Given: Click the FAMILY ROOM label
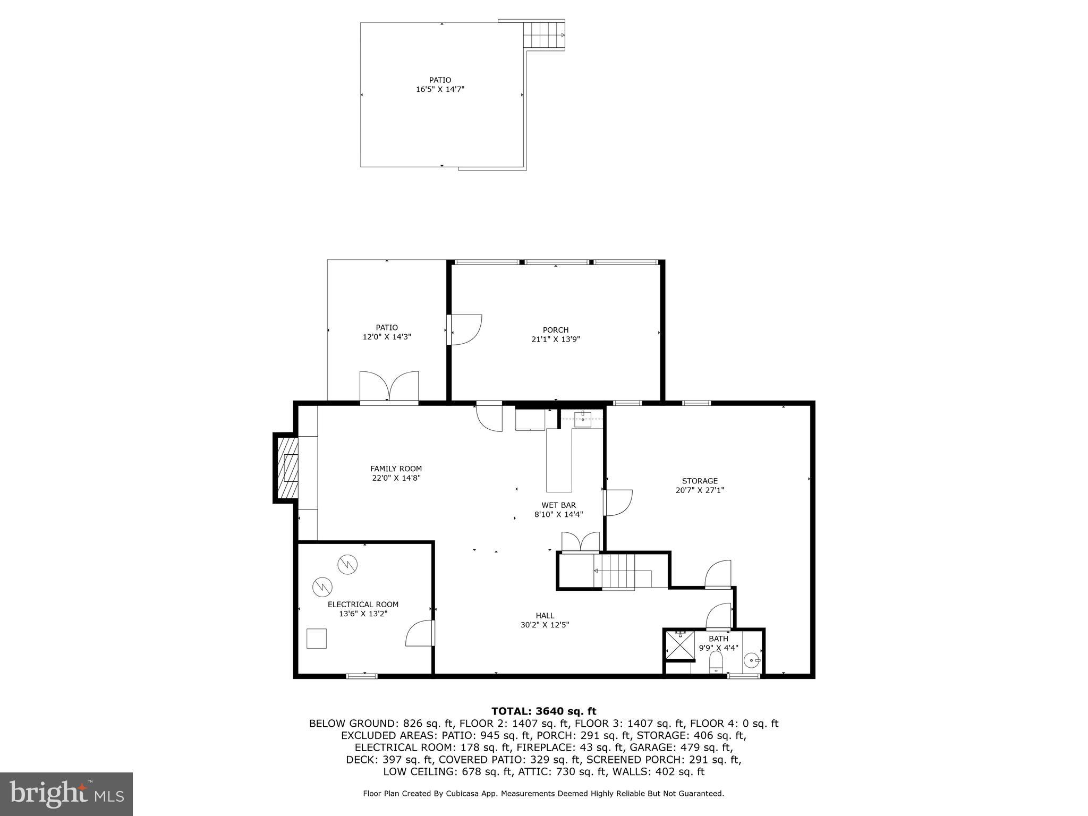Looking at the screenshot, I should (396, 469).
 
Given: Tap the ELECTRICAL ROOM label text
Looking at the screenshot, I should (363, 605).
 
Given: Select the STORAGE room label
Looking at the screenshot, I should (700, 481).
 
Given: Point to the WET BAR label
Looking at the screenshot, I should (558, 505).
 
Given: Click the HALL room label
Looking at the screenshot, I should (545, 616).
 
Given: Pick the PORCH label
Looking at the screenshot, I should (556, 330).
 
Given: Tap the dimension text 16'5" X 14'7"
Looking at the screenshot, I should (440, 89).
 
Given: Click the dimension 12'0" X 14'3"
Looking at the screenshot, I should (387, 337).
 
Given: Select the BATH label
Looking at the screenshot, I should (718, 639).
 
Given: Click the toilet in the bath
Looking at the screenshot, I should (716, 661).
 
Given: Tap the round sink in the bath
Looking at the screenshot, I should (752, 661).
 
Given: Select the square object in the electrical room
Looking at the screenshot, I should (317, 638).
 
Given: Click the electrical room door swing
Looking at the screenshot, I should (420, 634).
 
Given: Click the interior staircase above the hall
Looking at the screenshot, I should (619, 571).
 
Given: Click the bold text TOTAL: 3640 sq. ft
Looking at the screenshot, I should (543, 711).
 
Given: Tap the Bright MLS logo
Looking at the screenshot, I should (66, 794).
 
